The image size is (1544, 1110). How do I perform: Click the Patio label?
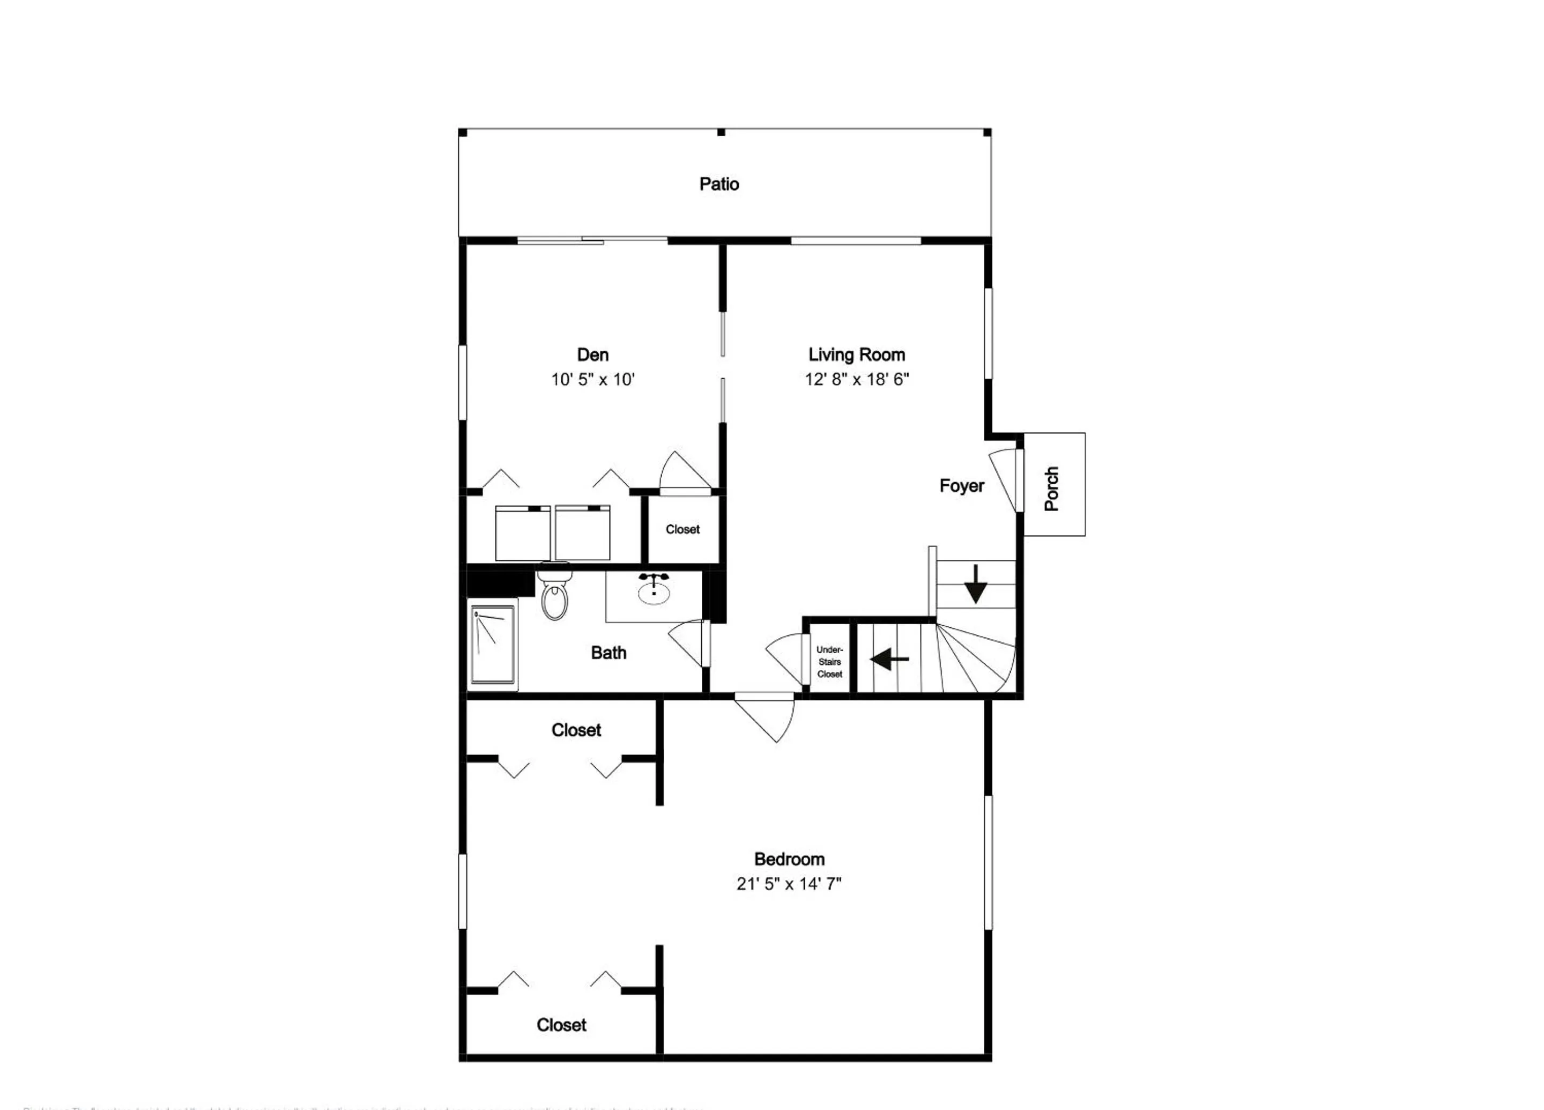pyautogui.click(x=719, y=184)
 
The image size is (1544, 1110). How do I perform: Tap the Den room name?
pyautogui.click(x=592, y=355)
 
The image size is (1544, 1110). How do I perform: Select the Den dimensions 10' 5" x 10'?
pyautogui.click(x=592, y=379)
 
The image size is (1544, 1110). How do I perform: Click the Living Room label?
pyautogui.click(x=856, y=355)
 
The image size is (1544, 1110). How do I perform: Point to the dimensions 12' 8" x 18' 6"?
pyautogui.click(x=856, y=379)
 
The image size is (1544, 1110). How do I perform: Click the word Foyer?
pyautogui.click(x=961, y=485)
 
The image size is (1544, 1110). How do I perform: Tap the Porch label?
pyautogui.click(x=1052, y=489)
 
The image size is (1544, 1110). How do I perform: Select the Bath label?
pyautogui.click(x=608, y=653)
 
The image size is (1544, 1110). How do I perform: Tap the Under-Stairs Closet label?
pyautogui.click(x=829, y=662)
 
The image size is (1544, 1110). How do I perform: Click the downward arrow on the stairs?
pyautogui.click(x=976, y=584)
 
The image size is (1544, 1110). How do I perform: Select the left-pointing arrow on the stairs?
pyautogui.click(x=889, y=658)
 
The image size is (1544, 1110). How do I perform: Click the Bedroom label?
pyautogui.click(x=789, y=859)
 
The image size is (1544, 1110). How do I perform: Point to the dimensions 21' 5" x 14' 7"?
pyautogui.click(x=789, y=884)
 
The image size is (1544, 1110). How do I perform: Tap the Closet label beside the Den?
pyautogui.click(x=682, y=529)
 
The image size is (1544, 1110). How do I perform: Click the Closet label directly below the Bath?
pyautogui.click(x=576, y=730)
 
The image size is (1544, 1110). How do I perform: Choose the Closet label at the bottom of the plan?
pyautogui.click(x=561, y=1025)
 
